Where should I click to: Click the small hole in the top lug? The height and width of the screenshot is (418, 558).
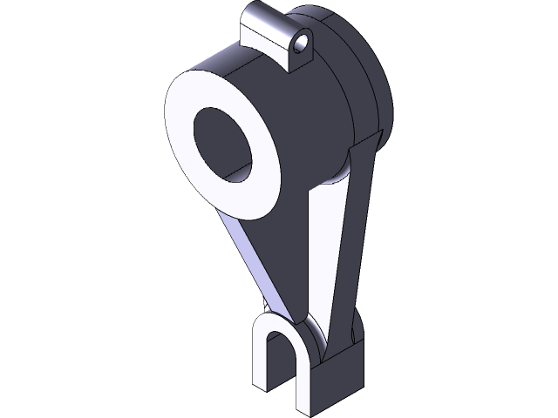click(303, 41)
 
